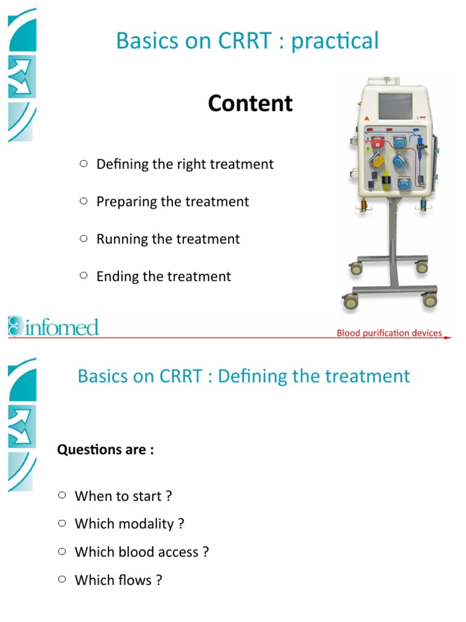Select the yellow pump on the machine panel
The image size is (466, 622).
click(377, 162)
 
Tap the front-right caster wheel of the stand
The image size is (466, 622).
click(430, 299)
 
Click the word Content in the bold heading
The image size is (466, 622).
click(250, 103)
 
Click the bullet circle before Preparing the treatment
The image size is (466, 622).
click(84, 201)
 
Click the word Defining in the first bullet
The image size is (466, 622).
click(123, 164)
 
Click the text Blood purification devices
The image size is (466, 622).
click(389, 333)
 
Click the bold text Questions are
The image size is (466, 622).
click(105, 450)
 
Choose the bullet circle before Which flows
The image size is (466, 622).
click(62, 579)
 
